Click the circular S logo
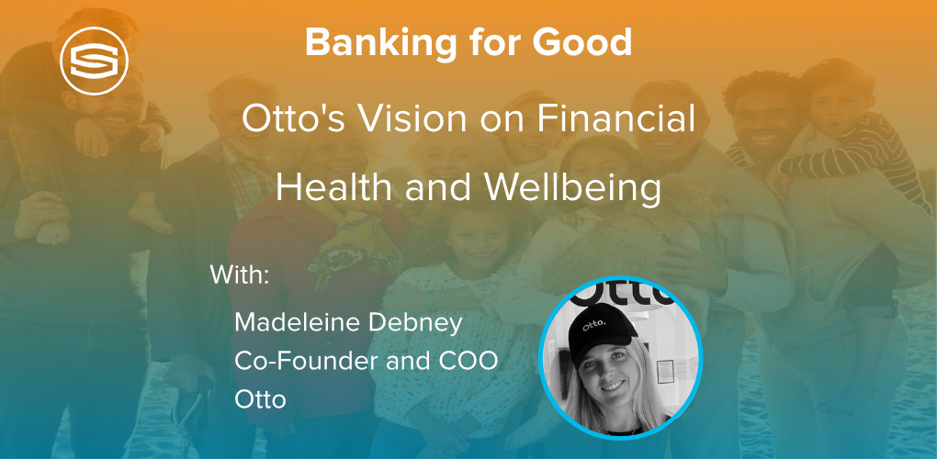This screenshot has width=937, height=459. tap(95, 61)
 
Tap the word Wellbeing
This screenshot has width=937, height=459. tap(573, 188)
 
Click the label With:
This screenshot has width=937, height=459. tap(240, 275)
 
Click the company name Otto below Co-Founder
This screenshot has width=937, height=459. tap(260, 399)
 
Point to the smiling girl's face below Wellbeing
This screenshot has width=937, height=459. tap(474, 242)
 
